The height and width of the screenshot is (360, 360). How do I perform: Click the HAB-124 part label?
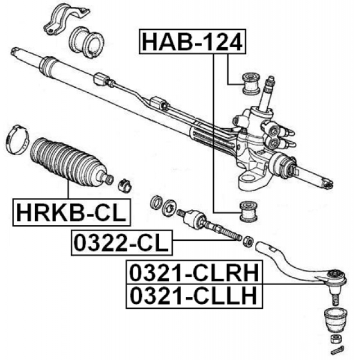click(x=192, y=42)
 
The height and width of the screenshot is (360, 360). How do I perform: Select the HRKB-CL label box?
click(x=71, y=212)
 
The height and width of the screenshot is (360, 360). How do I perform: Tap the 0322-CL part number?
click(x=121, y=242)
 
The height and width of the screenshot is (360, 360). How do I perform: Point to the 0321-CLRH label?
click(x=194, y=272)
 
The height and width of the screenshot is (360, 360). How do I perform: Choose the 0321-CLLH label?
click(x=194, y=296)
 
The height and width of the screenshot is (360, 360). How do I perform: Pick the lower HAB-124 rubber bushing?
click(x=248, y=211)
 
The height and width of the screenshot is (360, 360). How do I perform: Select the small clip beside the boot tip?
click(x=125, y=186)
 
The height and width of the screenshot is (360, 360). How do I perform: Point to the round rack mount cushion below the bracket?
click(x=86, y=42)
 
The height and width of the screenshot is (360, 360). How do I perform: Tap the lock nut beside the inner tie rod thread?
click(x=249, y=242)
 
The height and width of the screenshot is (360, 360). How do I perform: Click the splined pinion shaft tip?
click(x=271, y=83)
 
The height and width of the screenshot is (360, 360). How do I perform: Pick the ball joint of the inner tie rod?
click(x=194, y=219)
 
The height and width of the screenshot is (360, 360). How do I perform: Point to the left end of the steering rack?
click(x=15, y=51)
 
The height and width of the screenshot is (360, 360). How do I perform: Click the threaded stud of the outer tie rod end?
click(x=335, y=299)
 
